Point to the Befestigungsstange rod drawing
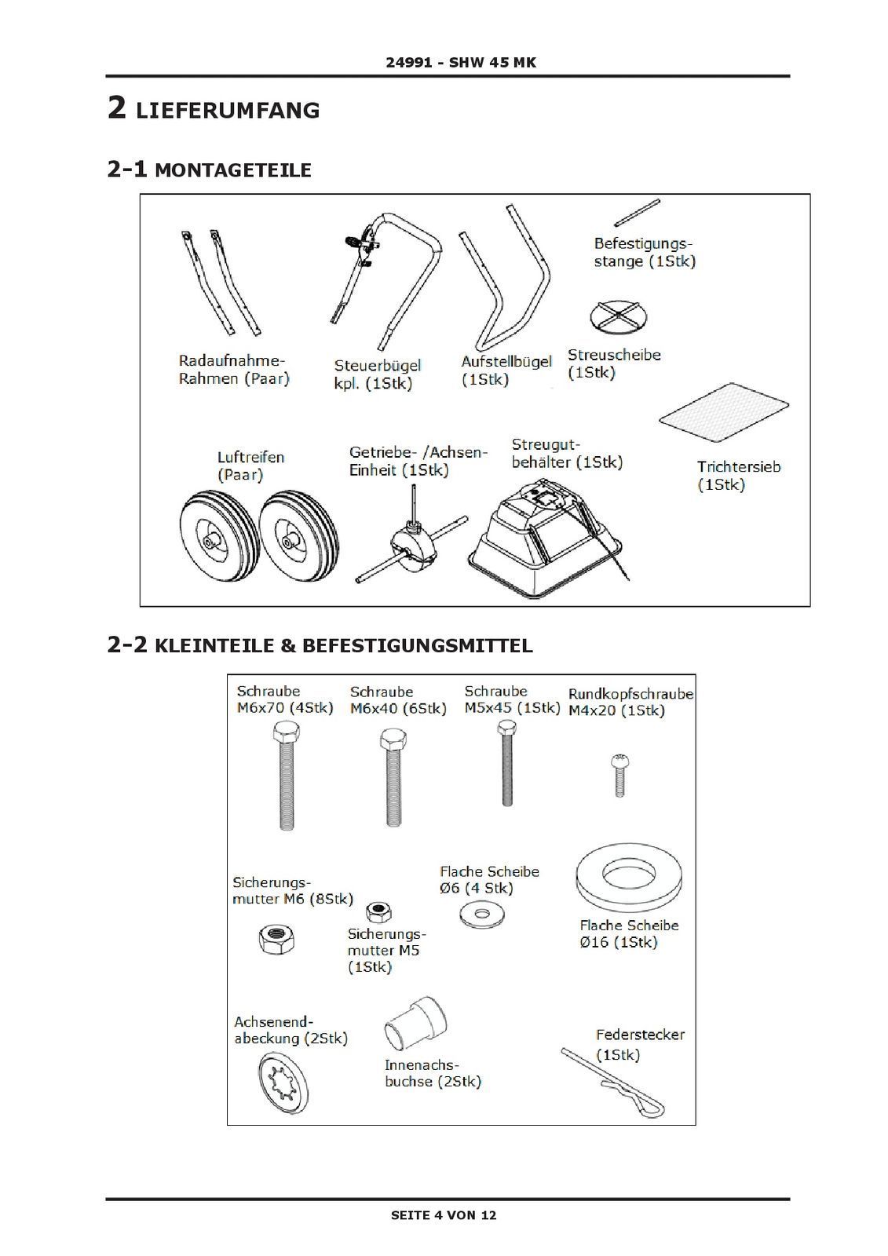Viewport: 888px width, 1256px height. point(637,212)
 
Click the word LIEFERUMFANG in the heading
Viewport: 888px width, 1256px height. point(228,111)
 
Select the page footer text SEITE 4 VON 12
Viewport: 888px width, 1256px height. point(444,1215)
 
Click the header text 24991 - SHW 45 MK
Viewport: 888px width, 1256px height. point(461,62)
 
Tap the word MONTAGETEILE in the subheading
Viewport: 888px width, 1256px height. point(233,170)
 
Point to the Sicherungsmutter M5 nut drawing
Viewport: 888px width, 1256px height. point(380,911)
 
